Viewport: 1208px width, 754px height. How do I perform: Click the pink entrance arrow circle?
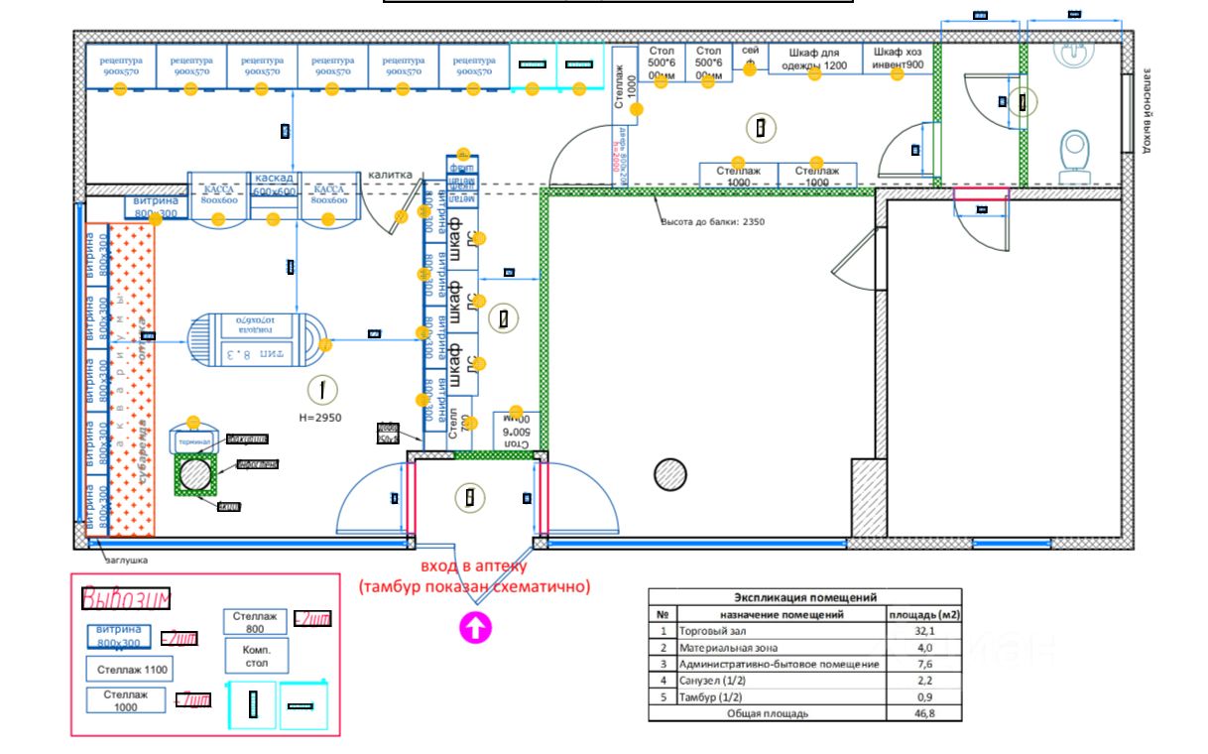(475, 628)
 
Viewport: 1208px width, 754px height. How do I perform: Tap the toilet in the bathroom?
(1074, 154)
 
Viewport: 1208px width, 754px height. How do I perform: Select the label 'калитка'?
(390, 176)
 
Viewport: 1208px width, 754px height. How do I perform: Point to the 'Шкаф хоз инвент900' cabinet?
(899, 59)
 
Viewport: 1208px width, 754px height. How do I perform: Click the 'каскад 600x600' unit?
(275, 186)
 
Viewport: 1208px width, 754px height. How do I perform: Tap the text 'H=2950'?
(319, 418)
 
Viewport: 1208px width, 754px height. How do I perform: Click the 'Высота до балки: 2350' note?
(712, 221)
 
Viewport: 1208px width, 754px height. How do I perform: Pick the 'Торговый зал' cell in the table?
(780, 630)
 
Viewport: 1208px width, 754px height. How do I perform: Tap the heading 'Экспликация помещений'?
(805, 597)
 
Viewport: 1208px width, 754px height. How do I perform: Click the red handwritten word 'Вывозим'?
(126, 598)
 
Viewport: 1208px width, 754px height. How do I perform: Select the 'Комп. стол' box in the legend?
(256, 656)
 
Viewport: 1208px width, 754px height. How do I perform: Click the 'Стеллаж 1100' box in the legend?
(129, 670)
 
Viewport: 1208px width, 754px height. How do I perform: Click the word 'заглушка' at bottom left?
(127, 561)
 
